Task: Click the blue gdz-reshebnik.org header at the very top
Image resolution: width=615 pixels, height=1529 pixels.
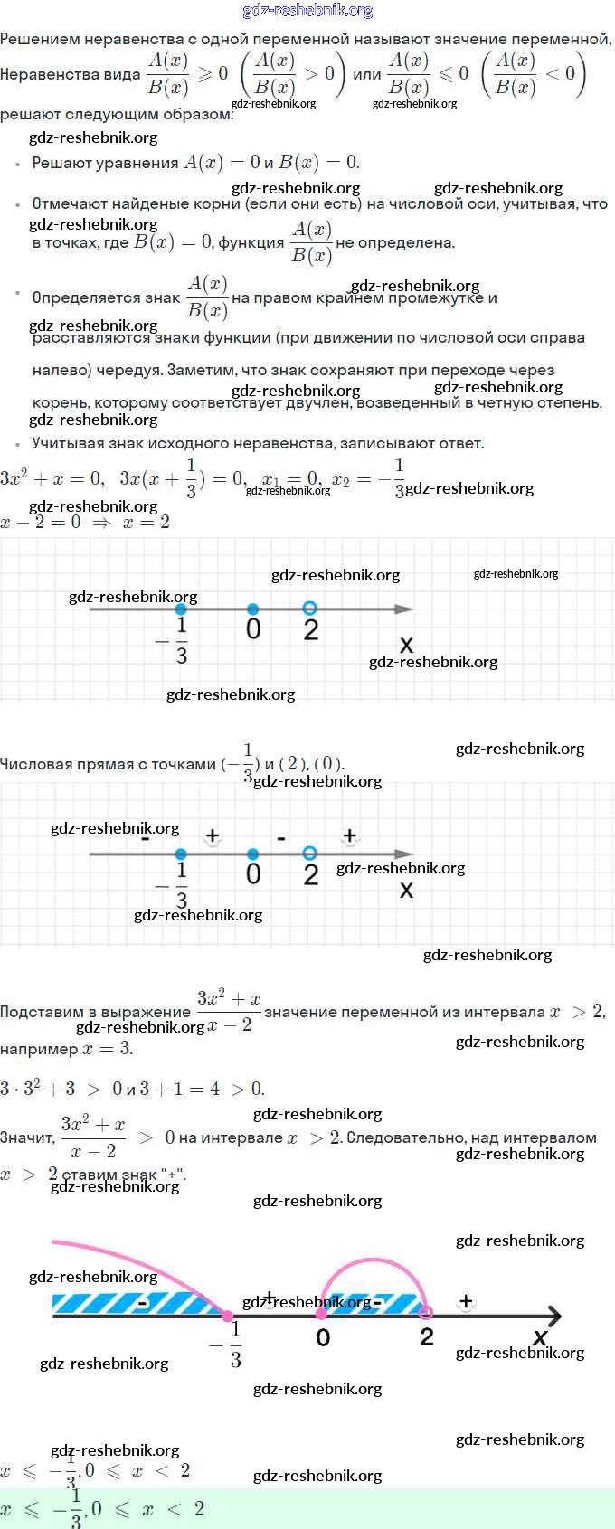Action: click(x=307, y=10)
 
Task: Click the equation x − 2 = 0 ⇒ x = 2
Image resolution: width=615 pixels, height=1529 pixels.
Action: click(x=85, y=522)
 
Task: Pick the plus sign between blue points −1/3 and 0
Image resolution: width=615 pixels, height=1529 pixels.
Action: click(x=212, y=835)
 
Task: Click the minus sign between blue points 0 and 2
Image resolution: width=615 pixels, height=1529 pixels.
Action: click(x=281, y=838)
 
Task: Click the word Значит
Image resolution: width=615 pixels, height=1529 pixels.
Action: click(x=25, y=1137)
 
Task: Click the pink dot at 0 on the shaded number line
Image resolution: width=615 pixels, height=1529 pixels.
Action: click(x=321, y=1313)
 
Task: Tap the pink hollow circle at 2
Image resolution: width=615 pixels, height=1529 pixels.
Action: click(x=426, y=1313)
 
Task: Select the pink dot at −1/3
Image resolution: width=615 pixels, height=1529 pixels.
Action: click(x=227, y=1317)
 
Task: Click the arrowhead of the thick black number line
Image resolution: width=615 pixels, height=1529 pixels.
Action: click(x=553, y=1317)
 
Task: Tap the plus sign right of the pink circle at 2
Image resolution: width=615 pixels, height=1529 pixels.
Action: click(x=466, y=1301)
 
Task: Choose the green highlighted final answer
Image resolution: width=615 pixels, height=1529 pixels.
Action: click(x=103, y=1508)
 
